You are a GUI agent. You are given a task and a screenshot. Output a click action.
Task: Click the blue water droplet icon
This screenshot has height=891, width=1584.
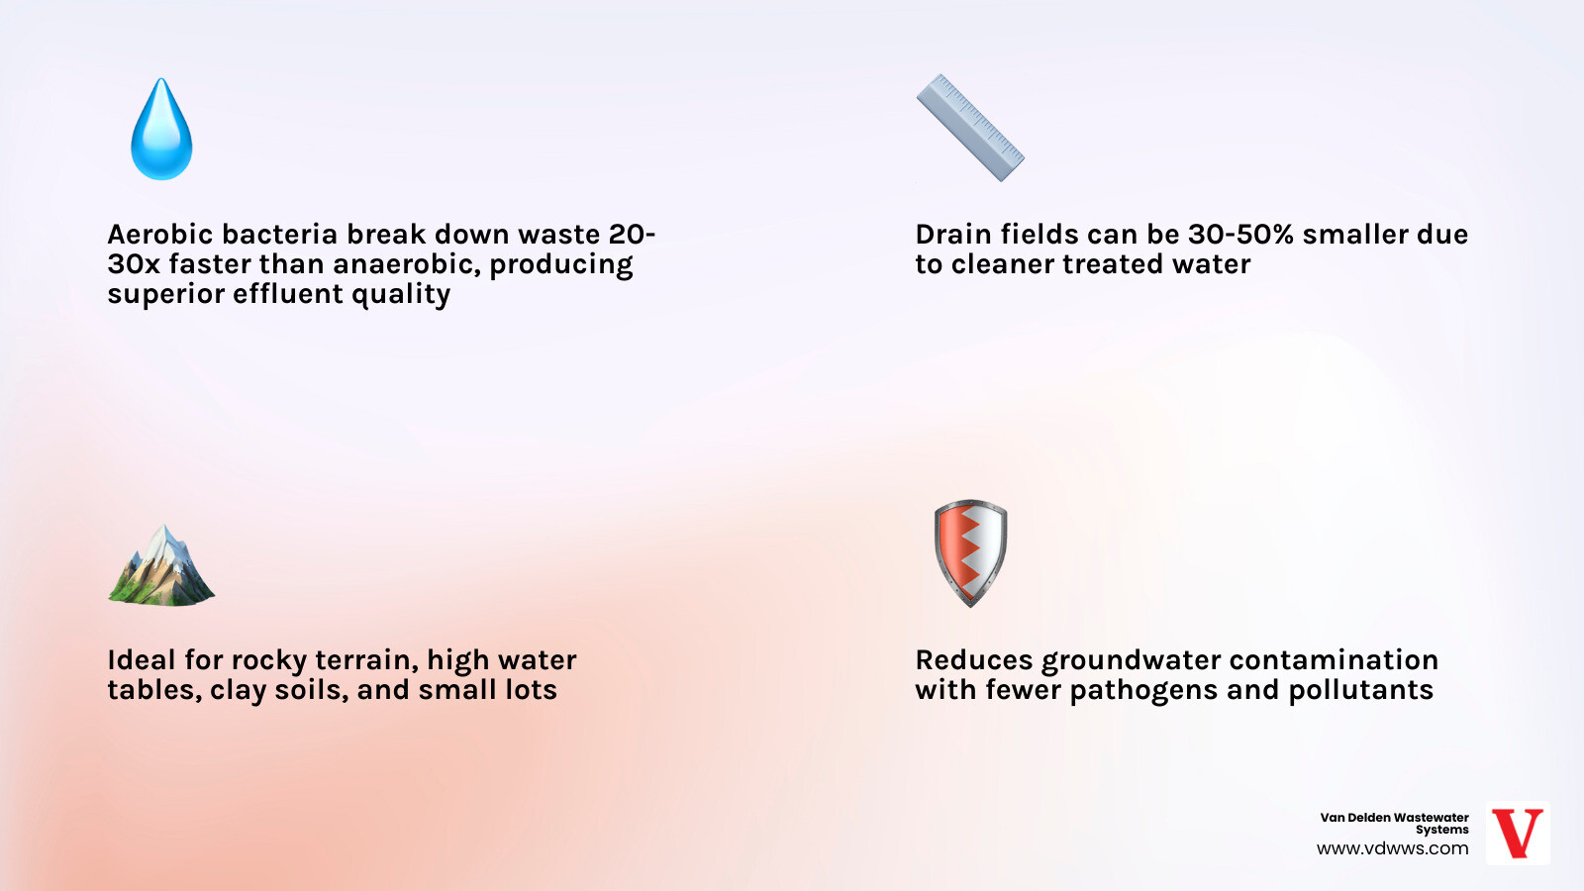coord(161,132)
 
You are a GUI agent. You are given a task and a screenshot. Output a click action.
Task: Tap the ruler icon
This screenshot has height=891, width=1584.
coord(970,128)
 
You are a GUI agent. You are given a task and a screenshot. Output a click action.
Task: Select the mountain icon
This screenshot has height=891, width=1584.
coord(161,568)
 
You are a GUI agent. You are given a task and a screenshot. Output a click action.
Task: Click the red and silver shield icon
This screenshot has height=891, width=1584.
coord(970,552)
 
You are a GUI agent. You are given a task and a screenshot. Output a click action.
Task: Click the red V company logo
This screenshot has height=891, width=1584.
coord(1517,834)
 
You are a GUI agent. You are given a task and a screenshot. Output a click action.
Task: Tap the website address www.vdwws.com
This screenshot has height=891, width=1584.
coord(1392,848)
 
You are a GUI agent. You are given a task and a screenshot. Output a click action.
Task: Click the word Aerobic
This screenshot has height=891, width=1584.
coord(160,235)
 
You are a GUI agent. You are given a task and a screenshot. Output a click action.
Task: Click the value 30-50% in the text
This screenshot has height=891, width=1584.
coord(1240,235)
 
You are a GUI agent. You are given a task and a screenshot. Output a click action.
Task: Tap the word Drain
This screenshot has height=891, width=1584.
coord(953,235)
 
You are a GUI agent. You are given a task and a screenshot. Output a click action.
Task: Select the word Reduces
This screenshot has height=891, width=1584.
coord(973,660)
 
